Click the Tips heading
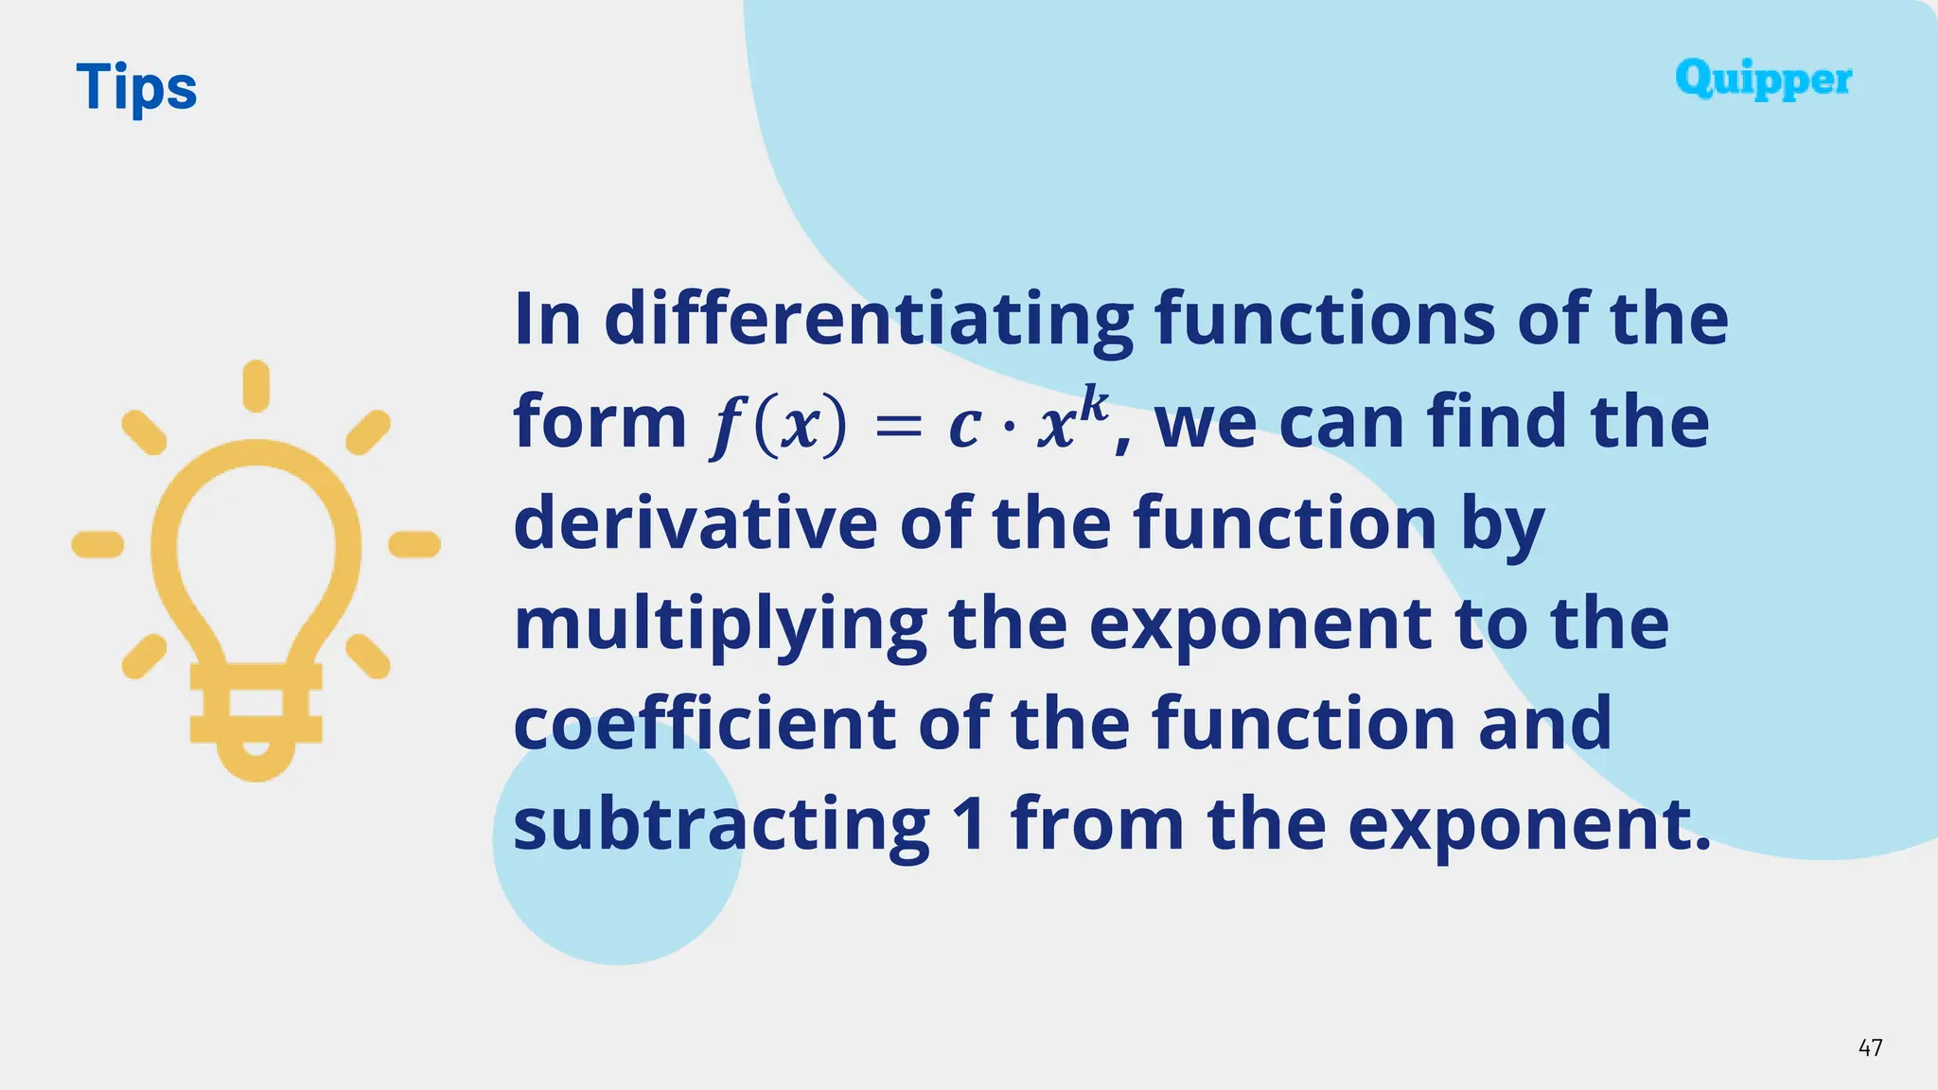point(136,88)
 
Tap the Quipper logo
point(1763,79)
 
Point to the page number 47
point(1870,1047)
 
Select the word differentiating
point(868,320)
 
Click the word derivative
point(695,522)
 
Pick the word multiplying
point(719,624)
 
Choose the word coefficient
point(704,724)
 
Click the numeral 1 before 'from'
point(970,823)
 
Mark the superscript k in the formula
point(1093,405)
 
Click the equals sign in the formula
point(898,427)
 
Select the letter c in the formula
point(964,428)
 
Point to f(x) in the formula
point(778,427)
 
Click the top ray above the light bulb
point(255,386)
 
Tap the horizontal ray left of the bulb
point(97,544)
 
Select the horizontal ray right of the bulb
point(414,544)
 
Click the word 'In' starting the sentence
point(547,320)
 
